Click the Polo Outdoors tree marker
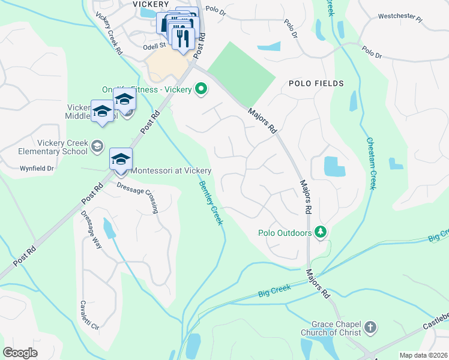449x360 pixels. pyautogui.click(x=321, y=232)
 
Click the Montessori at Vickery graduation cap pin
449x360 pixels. pyautogui.click(x=121, y=160)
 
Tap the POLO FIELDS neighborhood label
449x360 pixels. pyautogui.click(x=316, y=83)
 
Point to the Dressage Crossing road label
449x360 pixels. pyautogui.click(x=137, y=195)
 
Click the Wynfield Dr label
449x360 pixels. pyautogui.click(x=37, y=169)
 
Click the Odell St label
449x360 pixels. pyautogui.click(x=154, y=46)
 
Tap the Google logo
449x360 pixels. pyautogui.click(x=20, y=353)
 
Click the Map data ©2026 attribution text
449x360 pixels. pyautogui.click(x=423, y=355)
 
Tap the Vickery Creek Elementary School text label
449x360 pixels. pyautogui.click(x=53, y=147)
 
